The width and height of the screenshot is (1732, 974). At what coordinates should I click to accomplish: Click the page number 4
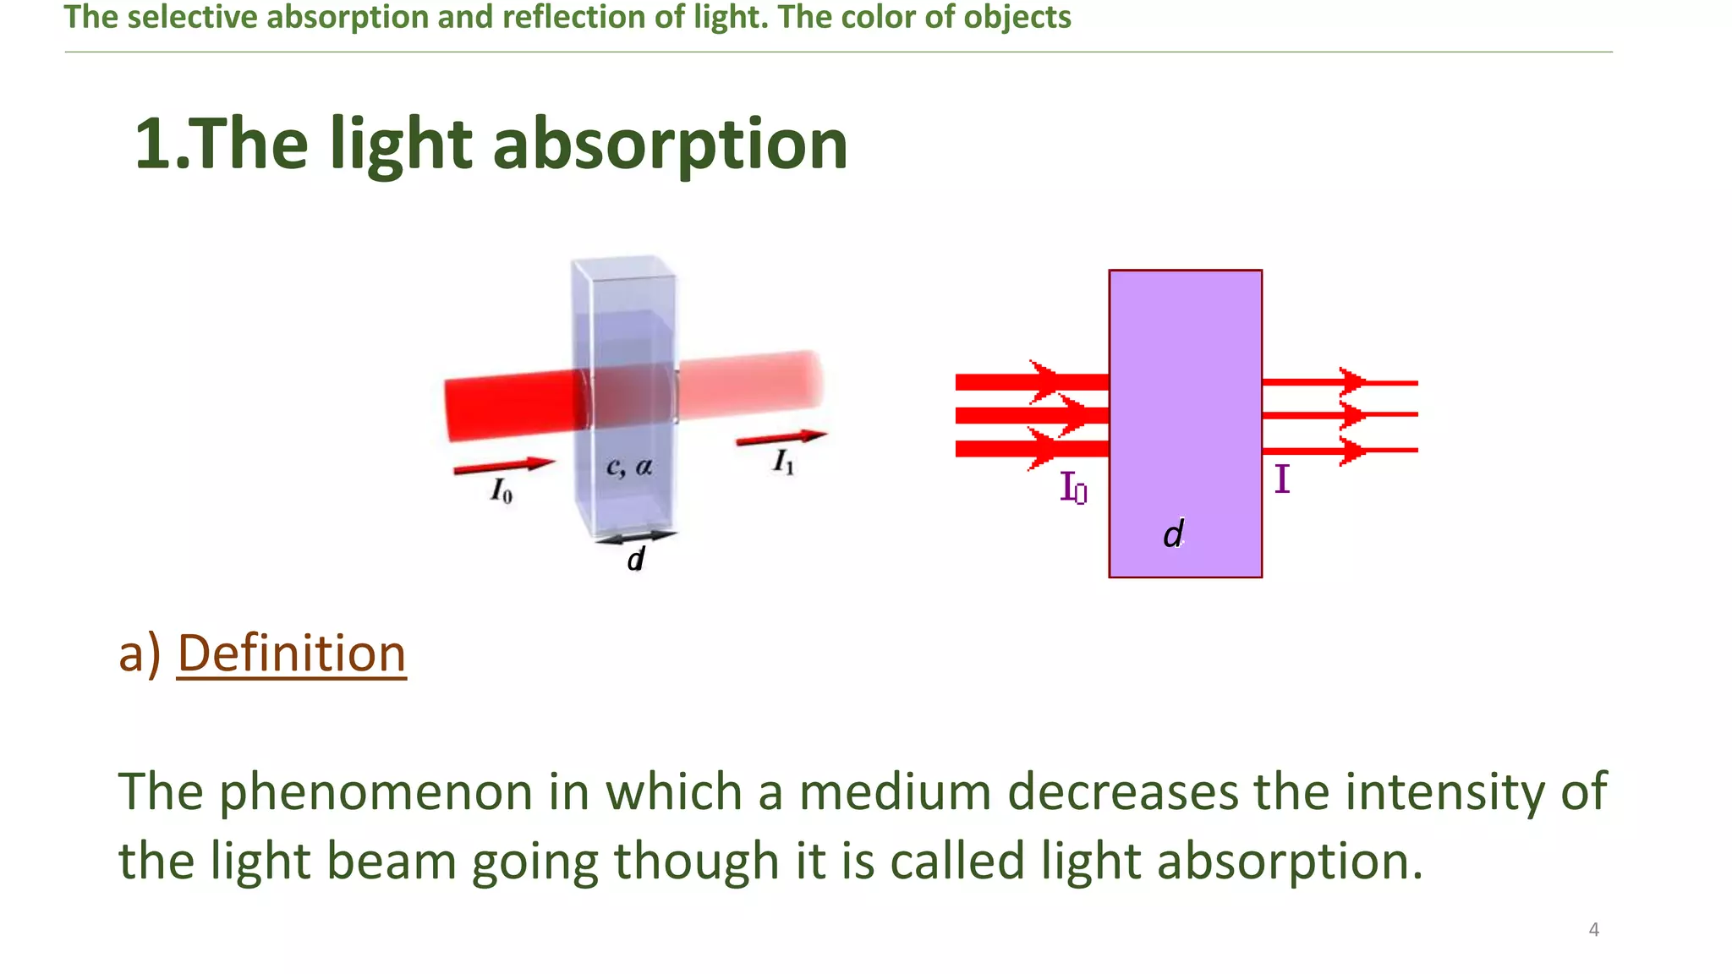[x=1593, y=930]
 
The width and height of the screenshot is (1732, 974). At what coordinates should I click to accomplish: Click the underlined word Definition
[x=292, y=654]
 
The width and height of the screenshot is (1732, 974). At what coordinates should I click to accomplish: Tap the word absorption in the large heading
[x=670, y=144]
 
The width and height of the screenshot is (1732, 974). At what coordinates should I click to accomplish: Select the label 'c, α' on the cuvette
[x=629, y=467]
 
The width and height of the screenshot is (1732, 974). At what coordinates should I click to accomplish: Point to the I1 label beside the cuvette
[x=784, y=462]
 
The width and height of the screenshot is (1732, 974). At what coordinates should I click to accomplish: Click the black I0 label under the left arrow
[x=502, y=490]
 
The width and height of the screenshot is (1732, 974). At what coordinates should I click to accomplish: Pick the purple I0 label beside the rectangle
[x=1073, y=488]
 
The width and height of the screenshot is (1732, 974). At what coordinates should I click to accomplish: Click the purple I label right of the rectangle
[x=1282, y=479]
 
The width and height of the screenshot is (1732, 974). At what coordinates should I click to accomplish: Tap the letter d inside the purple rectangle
[x=1173, y=534]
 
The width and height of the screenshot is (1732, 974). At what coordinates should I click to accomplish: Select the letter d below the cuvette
[x=636, y=559]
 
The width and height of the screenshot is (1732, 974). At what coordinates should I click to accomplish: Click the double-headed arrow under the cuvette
[x=636, y=537]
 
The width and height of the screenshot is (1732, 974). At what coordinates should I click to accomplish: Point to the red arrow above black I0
[x=504, y=465]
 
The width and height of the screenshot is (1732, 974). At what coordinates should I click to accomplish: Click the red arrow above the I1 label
[x=781, y=437]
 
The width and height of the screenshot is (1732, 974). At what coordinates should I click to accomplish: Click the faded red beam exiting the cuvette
[x=750, y=386]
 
